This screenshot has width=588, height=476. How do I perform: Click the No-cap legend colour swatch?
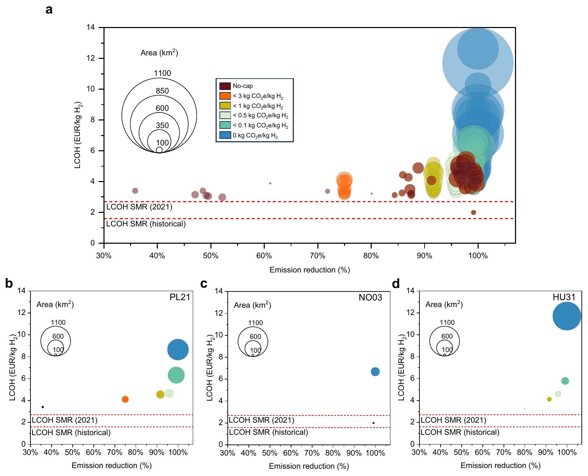click(x=225, y=86)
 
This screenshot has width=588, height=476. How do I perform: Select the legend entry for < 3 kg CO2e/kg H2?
click(x=225, y=96)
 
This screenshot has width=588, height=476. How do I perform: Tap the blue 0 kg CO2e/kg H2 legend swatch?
click(x=225, y=135)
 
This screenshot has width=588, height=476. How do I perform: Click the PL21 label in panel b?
click(x=180, y=297)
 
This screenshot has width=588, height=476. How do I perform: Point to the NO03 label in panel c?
click(x=370, y=298)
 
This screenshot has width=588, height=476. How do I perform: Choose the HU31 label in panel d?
click(x=564, y=297)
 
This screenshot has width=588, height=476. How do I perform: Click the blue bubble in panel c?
click(x=375, y=372)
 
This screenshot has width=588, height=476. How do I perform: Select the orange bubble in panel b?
click(x=125, y=399)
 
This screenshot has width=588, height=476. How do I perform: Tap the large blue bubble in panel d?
click(x=567, y=316)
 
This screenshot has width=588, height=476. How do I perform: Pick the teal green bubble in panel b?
click(x=176, y=375)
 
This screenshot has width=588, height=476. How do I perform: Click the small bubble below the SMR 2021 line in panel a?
click(x=473, y=213)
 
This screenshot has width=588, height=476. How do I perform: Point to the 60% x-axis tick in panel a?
click(x=264, y=256)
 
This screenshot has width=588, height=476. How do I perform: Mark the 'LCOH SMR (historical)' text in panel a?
click(x=146, y=224)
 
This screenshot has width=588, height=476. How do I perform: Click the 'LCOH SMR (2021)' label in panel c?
click(x=261, y=420)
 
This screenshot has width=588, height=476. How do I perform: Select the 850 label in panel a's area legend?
click(x=162, y=91)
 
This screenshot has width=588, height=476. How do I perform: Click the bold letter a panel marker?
click(x=49, y=10)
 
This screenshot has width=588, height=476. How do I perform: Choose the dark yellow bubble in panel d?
click(x=549, y=399)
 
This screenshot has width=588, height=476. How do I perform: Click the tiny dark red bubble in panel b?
click(x=43, y=407)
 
